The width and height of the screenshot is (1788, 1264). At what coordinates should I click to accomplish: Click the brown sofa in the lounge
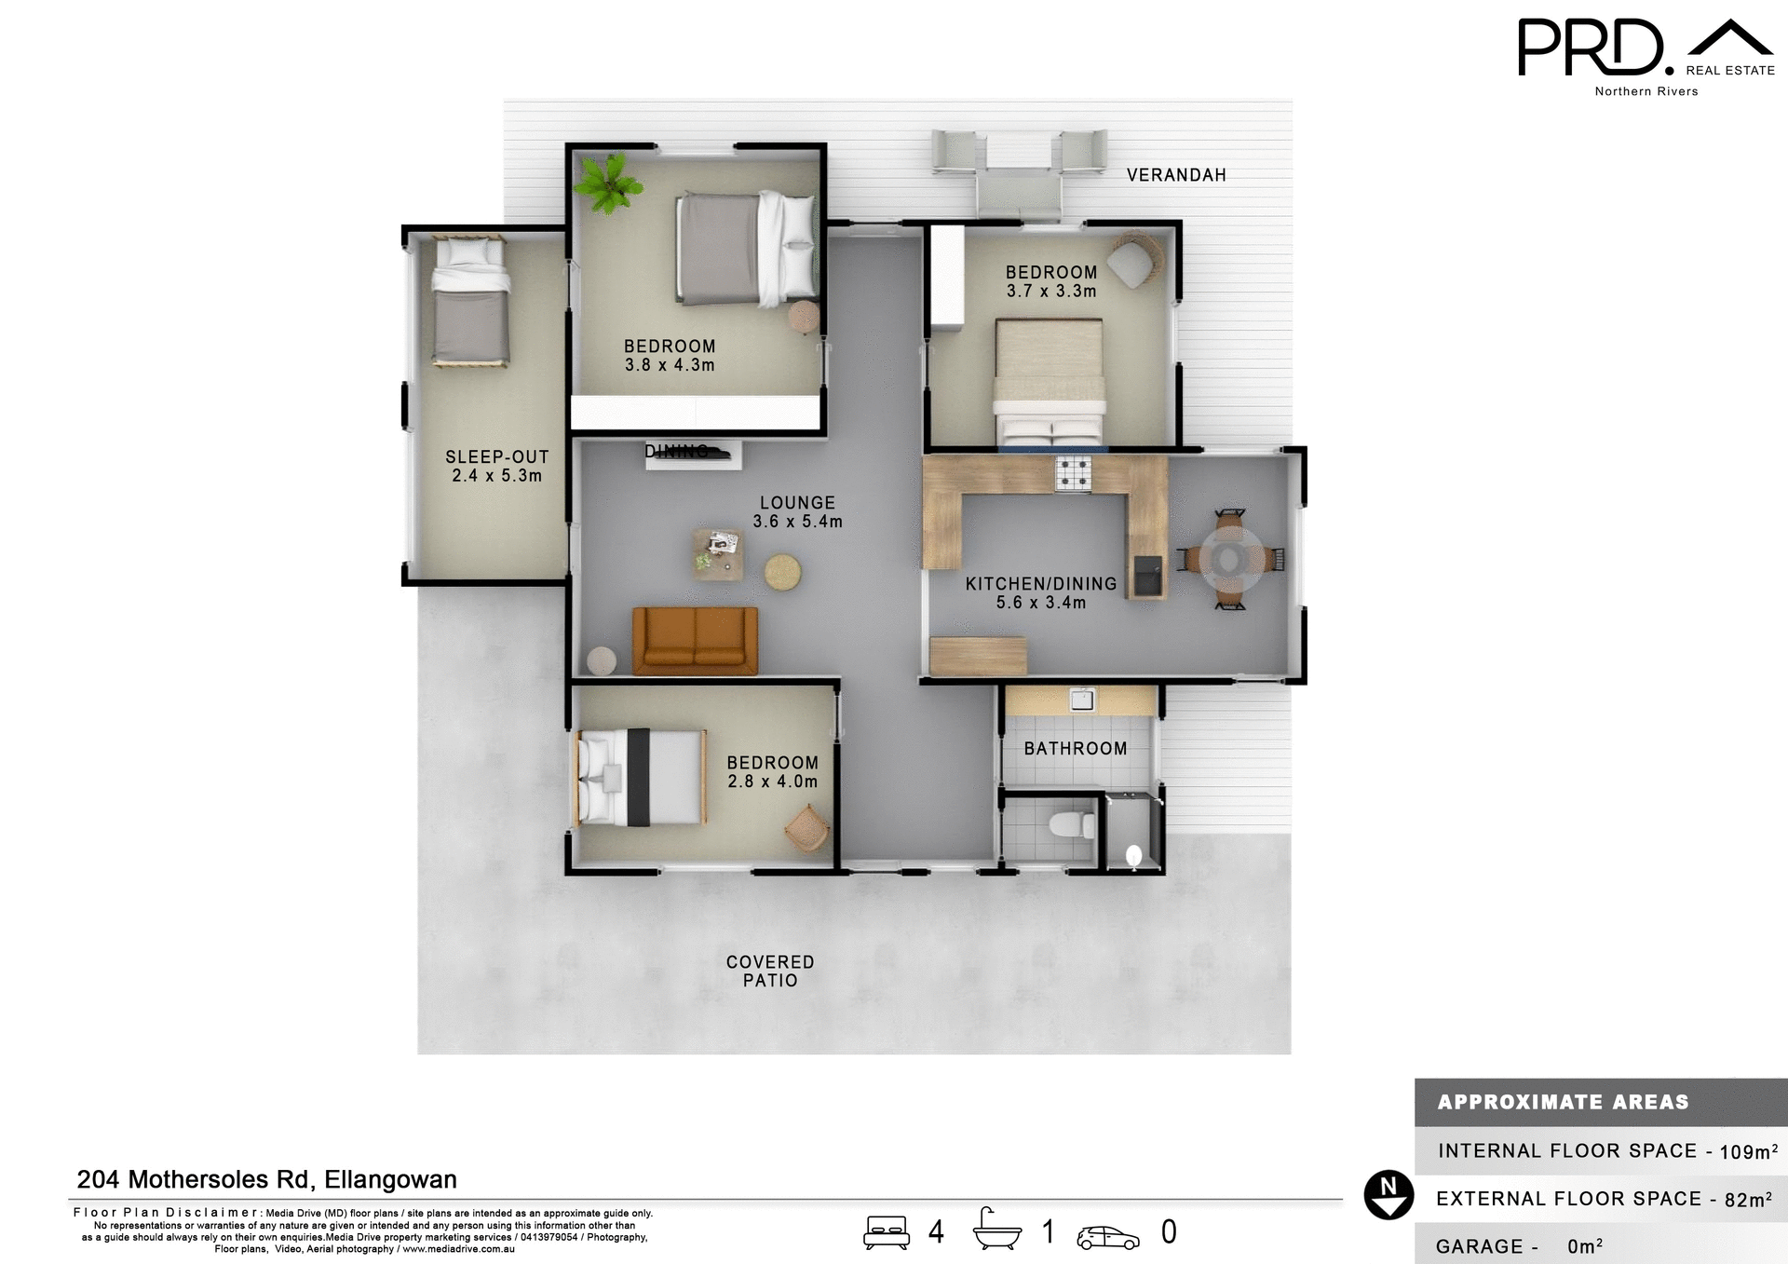click(695, 641)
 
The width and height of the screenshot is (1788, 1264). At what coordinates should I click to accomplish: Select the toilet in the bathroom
click(1070, 824)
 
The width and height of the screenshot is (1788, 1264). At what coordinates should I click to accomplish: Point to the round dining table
click(1230, 559)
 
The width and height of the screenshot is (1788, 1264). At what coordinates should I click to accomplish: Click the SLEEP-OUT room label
click(496, 457)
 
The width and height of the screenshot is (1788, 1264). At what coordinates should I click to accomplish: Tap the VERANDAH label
click(1175, 175)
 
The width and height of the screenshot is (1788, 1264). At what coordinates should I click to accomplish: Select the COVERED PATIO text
click(770, 971)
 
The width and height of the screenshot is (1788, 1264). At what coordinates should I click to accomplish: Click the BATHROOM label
click(1075, 749)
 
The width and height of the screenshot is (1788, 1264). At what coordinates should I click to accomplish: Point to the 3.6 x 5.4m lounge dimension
click(797, 522)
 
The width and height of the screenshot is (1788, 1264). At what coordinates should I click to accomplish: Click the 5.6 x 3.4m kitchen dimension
click(1040, 603)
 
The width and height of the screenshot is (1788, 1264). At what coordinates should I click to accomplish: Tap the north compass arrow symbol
click(1388, 1195)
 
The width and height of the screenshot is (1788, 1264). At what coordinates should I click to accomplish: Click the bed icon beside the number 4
click(886, 1232)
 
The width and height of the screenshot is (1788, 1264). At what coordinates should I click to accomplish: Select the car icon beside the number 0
click(1107, 1237)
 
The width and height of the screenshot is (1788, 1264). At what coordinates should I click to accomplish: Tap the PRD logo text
click(1591, 48)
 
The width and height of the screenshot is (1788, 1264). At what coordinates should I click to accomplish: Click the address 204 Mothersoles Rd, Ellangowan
click(266, 1179)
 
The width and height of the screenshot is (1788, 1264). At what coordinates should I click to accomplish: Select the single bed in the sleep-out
click(470, 301)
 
